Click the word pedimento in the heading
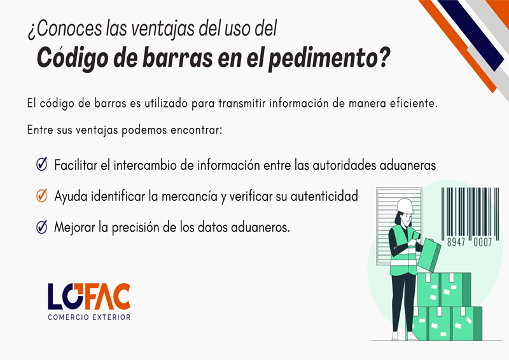point(329,58)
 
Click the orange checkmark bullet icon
point(42,196)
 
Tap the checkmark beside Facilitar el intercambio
point(42,164)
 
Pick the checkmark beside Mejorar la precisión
point(42,227)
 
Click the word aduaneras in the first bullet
point(407,165)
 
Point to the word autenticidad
point(324,197)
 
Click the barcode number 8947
point(456,242)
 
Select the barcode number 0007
point(483,242)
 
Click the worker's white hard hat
point(405,206)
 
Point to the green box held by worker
point(429,255)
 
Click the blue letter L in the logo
point(55,296)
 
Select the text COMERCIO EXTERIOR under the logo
point(89,317)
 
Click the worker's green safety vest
point(403,251)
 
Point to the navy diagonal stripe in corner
point(471,35)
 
